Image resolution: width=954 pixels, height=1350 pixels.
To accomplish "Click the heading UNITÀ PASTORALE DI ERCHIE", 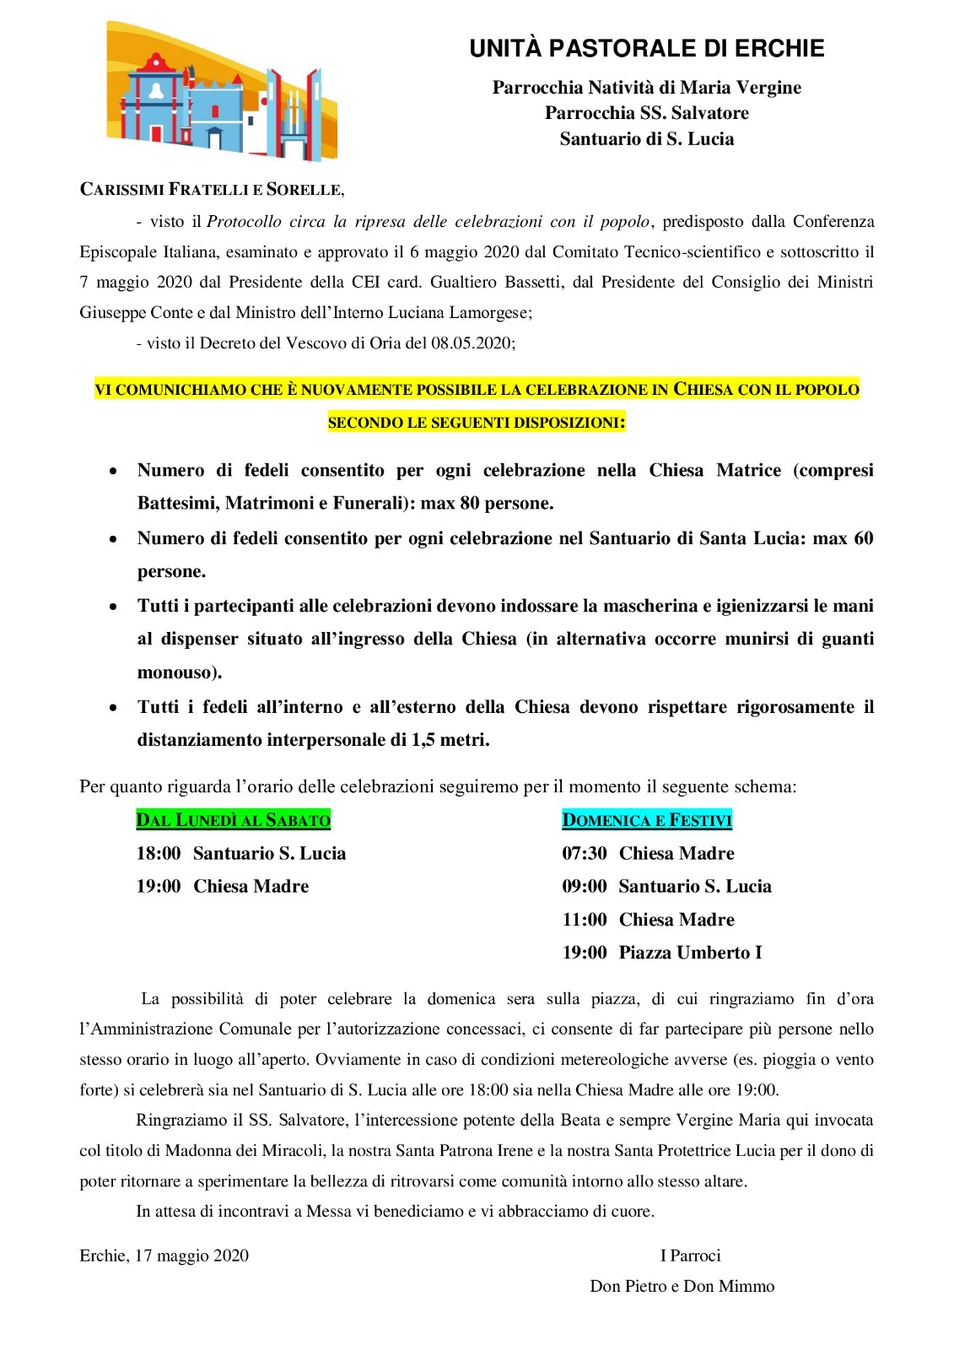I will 646,49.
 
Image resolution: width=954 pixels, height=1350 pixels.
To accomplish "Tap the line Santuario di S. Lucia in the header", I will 646,139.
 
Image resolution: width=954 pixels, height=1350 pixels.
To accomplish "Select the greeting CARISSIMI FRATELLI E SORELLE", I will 212,189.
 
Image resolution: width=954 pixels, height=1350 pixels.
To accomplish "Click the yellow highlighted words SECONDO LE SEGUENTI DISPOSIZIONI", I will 477,423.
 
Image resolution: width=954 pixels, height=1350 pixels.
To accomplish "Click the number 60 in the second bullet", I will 863,538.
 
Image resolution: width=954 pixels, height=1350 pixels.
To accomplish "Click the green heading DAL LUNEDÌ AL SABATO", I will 234,819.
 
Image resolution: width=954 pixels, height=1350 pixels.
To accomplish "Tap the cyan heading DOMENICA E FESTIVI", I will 647,819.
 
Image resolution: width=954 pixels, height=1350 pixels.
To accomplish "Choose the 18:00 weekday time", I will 159,853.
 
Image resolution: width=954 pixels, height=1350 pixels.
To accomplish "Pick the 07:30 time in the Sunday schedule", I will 585,853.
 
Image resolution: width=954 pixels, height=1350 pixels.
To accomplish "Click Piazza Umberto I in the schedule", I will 690,953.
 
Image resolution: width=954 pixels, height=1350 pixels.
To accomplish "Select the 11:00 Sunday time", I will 585,920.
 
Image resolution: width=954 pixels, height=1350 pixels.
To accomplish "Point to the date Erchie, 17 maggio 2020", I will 164,1255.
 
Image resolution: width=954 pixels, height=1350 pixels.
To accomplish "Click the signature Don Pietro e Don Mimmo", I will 682,1286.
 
